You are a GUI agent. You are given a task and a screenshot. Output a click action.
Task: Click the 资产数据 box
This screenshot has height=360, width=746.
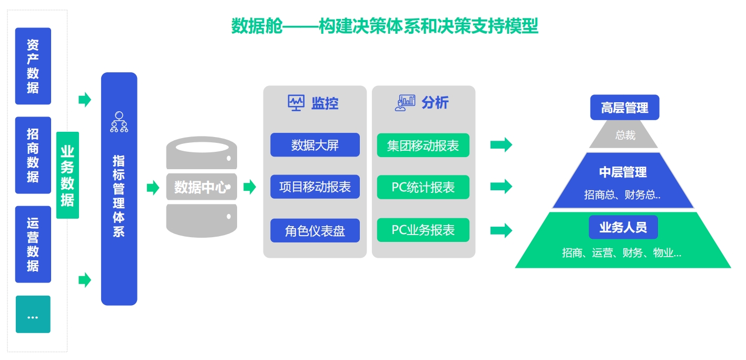pos(33,66)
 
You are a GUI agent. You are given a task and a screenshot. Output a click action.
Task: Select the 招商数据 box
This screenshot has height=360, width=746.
pos(33,155)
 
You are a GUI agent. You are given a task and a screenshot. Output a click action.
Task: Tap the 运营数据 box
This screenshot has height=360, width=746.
pos(33,245)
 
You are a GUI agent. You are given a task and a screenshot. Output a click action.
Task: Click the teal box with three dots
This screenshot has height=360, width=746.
pos(33,314)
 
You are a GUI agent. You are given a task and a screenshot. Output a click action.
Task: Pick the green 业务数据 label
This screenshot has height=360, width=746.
pos(67,176)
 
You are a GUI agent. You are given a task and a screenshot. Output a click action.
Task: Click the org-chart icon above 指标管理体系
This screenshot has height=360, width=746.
pos(119,122)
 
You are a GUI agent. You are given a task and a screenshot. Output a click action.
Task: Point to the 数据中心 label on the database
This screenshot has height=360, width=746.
pos(202,187)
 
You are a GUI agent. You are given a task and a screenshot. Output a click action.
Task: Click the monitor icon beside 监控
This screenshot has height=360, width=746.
pos(296,103)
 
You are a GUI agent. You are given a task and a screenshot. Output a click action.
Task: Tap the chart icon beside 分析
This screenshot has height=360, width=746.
pos(405,103)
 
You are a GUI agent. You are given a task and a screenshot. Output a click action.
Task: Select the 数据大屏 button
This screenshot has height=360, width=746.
pos(315,145)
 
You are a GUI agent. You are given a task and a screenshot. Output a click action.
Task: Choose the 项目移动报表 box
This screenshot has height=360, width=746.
pos(315,187)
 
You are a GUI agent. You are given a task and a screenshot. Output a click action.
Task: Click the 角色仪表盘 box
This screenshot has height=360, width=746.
pos(315,230)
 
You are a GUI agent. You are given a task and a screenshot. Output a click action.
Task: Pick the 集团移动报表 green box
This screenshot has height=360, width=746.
pos(423,145)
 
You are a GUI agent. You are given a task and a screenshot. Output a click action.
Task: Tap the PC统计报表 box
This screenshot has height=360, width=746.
pos(423,187)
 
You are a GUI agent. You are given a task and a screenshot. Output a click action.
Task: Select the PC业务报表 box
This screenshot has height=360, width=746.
pos(423,230)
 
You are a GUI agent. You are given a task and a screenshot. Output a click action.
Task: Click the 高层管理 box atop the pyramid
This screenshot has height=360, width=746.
pos(625,108)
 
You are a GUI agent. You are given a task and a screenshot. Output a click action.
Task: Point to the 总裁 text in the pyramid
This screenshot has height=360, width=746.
pos(625,135)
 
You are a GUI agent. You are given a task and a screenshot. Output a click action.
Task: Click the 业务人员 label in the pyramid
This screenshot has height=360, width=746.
pos(623,227)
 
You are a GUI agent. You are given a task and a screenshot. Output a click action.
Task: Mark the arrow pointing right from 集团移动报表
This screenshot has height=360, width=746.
pos(501,144)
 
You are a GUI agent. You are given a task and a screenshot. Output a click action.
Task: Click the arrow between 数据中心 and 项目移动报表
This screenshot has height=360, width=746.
pos(250,187)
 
